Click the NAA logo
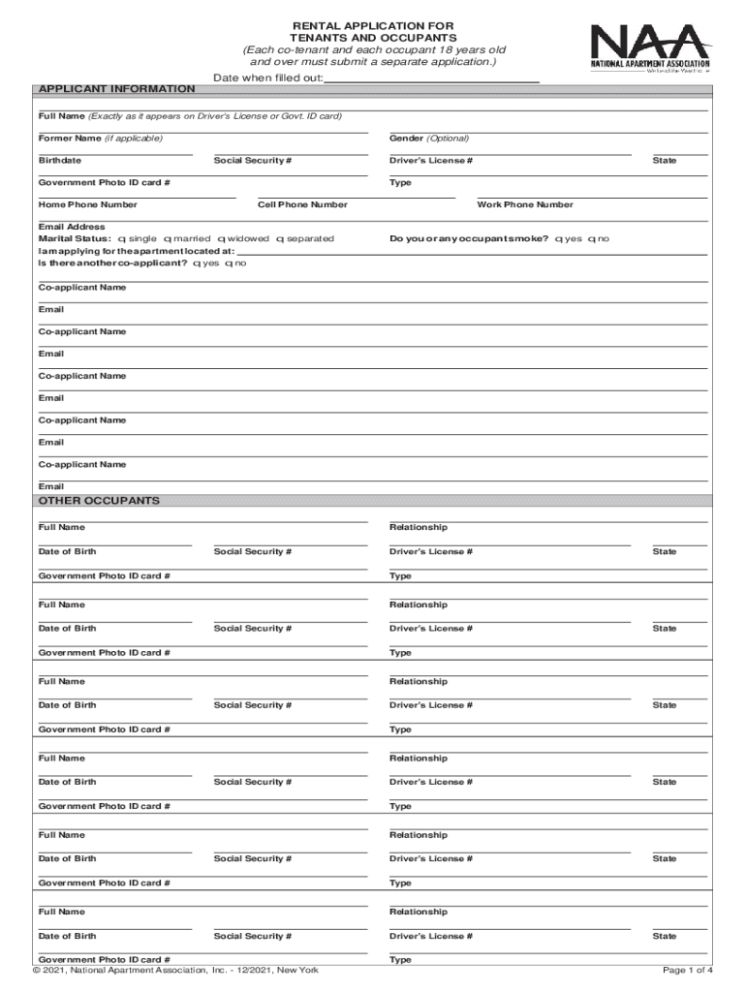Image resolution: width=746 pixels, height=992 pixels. coord(650,48)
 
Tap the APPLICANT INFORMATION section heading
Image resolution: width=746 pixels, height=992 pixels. coord(116,89)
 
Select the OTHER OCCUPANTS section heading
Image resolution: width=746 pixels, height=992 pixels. coord(99,501)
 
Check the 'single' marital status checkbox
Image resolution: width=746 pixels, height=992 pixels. coord(120,238)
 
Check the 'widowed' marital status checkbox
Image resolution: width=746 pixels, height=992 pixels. coord(221,238)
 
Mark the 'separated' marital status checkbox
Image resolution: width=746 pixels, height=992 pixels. coord(279,238)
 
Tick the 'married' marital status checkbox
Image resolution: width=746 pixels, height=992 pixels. coord(168,238)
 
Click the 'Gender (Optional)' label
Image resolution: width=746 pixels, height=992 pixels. coord(429,139)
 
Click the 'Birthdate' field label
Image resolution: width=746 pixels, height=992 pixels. coord(60,160)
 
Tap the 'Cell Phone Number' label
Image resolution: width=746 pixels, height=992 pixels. coord(302,204)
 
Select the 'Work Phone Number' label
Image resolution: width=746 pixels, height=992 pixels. coord(525,204)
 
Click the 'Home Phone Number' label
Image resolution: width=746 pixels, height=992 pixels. coord(88,204)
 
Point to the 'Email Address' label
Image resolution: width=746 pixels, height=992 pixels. coord(72,227)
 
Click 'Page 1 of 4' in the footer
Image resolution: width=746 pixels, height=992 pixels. coord(688,971)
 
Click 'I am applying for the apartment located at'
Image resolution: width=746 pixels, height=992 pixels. coord(136,251)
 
